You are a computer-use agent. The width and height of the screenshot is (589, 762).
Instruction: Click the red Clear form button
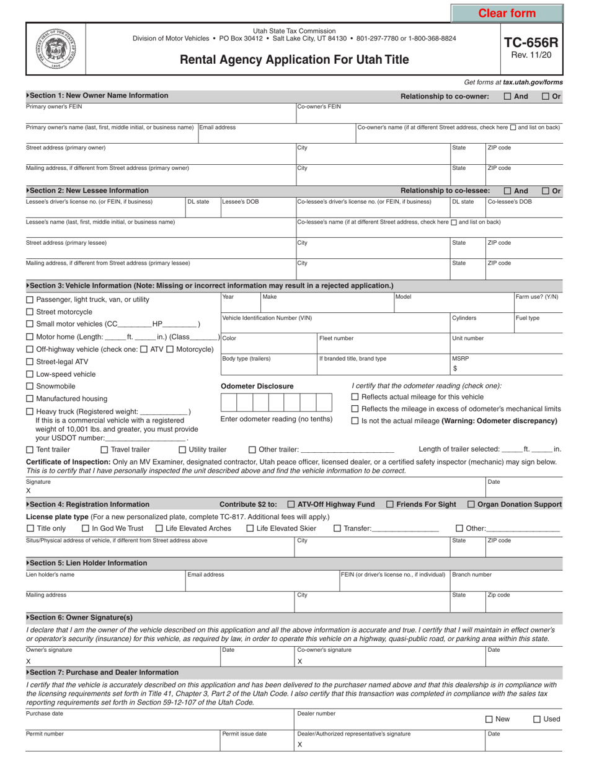507,13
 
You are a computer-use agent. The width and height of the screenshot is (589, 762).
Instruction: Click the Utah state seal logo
55,48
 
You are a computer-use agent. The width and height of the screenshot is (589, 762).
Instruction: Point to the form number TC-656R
531,43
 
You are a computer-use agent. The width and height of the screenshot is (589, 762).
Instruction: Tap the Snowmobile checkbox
30,387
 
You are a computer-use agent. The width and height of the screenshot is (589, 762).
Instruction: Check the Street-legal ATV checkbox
30,362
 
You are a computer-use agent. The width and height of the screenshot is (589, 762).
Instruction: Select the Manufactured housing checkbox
30,399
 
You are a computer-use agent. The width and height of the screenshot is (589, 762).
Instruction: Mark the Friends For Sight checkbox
390,504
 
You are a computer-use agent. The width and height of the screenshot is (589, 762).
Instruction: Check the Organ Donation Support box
471,504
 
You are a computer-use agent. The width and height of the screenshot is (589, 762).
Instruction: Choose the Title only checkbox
30,528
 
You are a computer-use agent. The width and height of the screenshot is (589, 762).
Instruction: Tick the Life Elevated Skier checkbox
250,528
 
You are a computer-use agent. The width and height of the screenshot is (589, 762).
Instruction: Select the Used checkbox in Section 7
537,719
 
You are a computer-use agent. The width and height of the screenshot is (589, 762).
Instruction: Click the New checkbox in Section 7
489,719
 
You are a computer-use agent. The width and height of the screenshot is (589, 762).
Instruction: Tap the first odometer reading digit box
229,403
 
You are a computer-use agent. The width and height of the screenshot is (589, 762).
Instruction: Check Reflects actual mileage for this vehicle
355,397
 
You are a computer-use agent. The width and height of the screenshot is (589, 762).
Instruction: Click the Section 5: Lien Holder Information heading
87,563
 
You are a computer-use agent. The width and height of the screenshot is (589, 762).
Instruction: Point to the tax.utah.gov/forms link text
533,82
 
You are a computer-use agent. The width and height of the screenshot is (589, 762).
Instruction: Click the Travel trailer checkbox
104,450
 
